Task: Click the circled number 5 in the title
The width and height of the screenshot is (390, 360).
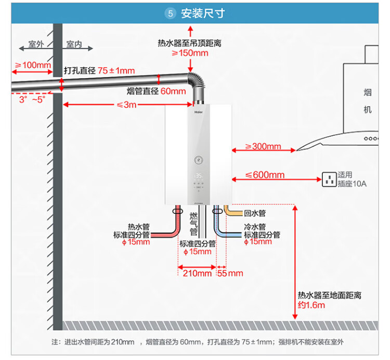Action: [170, 14]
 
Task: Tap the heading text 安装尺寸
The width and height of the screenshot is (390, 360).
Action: [203, 14]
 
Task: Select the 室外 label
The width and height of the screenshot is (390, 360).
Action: [36, 45]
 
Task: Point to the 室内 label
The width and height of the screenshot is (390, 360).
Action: [74, 45]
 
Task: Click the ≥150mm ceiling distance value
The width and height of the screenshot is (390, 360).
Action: [190, 53]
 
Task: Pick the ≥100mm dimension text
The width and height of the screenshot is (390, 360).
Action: [32, 65]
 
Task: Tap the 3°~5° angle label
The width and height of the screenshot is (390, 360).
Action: [32, 99]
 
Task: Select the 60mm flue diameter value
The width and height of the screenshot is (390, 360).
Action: [173, 92]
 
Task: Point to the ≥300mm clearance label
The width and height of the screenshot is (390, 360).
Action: [263, 147]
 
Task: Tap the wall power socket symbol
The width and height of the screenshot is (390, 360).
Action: [329, 179]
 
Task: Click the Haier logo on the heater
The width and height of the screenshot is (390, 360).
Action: [199, 110]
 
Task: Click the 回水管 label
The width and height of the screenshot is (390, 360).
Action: [255, 213]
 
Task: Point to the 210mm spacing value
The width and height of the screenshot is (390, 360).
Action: [197, 273]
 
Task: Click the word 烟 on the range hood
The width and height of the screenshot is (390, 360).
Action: [368, 93]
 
